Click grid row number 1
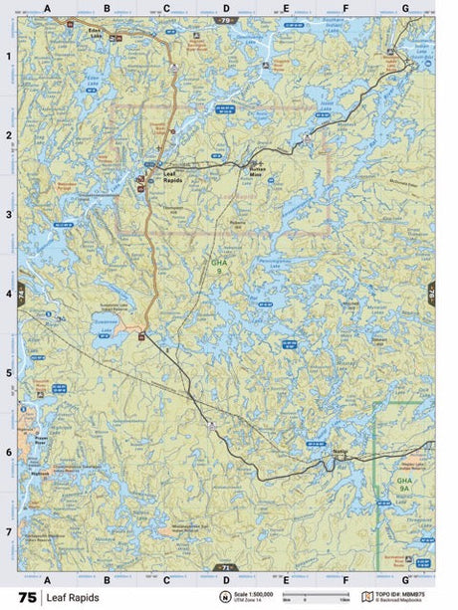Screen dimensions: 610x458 click(9, 56)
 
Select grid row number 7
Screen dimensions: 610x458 click(9, 531)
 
